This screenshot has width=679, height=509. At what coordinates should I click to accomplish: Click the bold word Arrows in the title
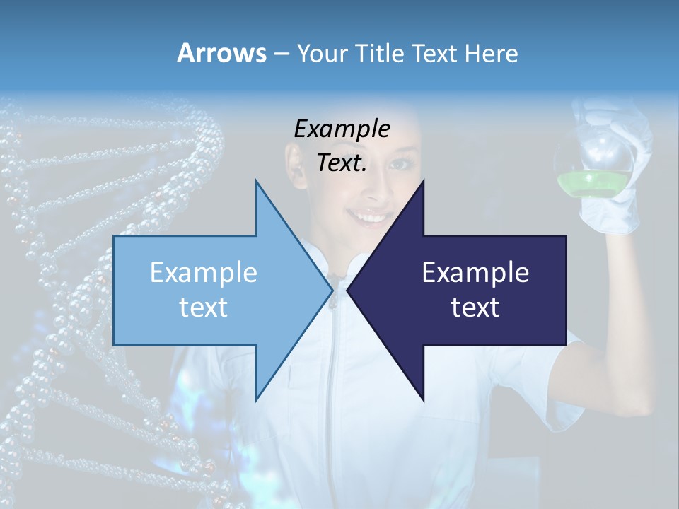[x=222, y=53]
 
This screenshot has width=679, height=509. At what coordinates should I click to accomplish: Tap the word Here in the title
[x=491, y=53]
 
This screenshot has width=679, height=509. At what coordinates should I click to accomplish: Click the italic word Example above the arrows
[x=342, y=129]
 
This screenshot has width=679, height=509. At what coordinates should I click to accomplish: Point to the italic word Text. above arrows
[x=342, y=163]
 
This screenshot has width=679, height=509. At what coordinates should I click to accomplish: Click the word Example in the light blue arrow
[x=204, y=273]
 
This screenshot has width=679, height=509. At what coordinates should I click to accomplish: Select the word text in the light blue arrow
[x=204, y=308]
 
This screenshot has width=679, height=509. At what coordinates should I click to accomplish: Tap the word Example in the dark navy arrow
[x=475, y=273]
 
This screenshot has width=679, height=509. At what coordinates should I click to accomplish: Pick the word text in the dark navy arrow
[x=475, y=308]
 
